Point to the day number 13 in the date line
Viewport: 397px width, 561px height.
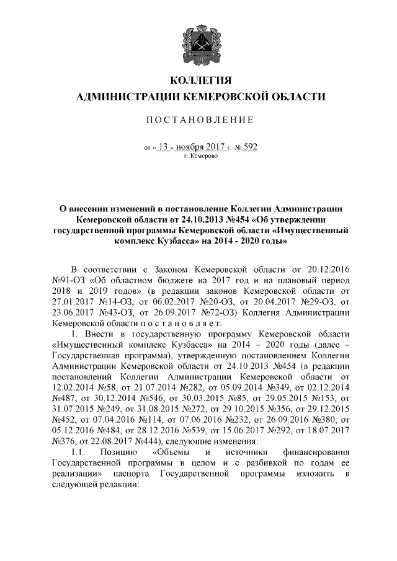pos(163,148)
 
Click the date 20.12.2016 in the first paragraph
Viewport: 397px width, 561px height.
pos(328,270)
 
